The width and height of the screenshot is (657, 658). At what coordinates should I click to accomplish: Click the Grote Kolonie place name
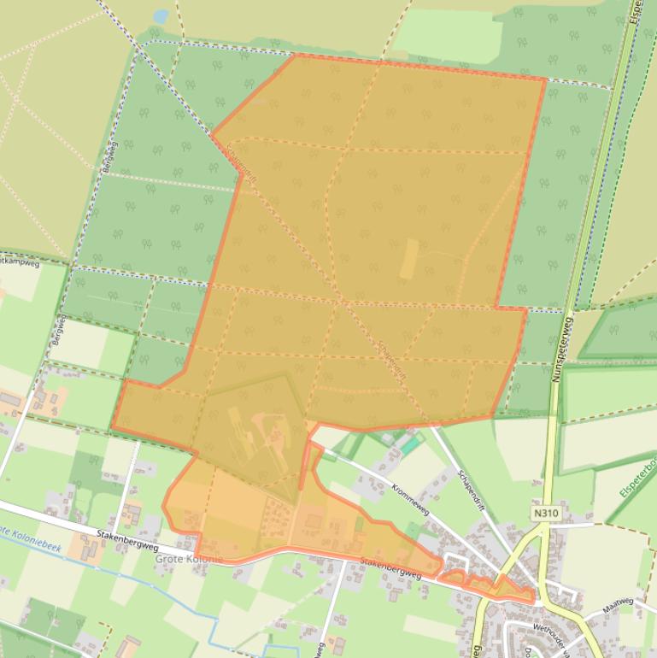coord(189,559)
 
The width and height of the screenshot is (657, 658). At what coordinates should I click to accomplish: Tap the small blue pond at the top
coord(160,16)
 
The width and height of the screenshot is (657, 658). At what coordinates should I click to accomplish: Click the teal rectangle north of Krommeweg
coord(412,444)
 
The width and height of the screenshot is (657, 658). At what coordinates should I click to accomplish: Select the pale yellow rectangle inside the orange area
coord(410,258)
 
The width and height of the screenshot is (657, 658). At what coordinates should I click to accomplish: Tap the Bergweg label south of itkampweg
coord(60,329)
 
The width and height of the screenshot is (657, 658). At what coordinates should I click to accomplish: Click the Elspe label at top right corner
coord(636,12)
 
